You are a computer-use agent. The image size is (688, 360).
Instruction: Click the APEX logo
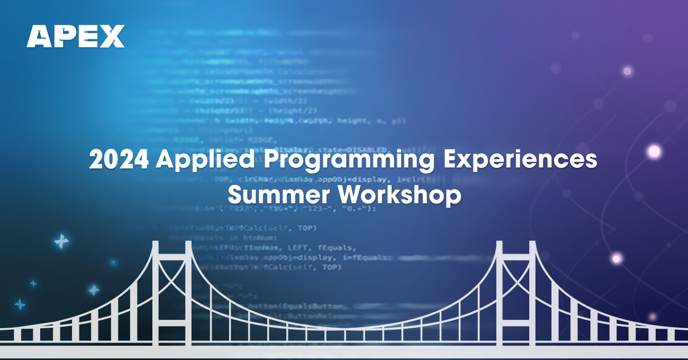[x=76, y=36]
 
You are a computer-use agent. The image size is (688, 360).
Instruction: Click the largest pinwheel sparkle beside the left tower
[x=61, y=241]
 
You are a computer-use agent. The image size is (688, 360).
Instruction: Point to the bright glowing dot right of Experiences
[x=655, y=152]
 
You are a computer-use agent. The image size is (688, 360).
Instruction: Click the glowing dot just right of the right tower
[x=616, y=259]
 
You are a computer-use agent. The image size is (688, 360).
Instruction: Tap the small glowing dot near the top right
[x=628, y=71]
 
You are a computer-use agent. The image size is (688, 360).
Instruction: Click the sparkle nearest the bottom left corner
[x=20, y=304]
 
